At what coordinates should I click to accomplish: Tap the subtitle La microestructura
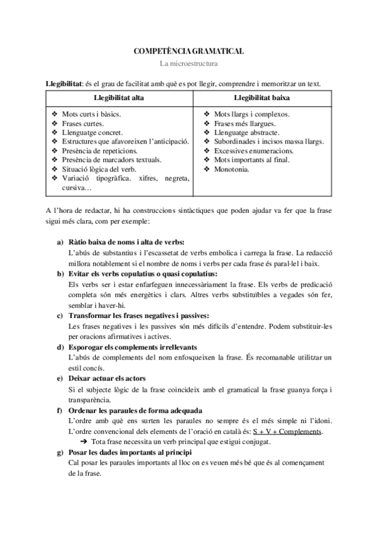189,63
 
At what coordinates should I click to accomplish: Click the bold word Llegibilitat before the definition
65,84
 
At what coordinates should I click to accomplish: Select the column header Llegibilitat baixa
262,99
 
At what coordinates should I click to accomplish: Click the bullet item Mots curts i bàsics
91,115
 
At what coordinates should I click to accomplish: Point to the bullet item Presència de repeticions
100,151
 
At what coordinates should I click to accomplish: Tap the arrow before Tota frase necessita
85,442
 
